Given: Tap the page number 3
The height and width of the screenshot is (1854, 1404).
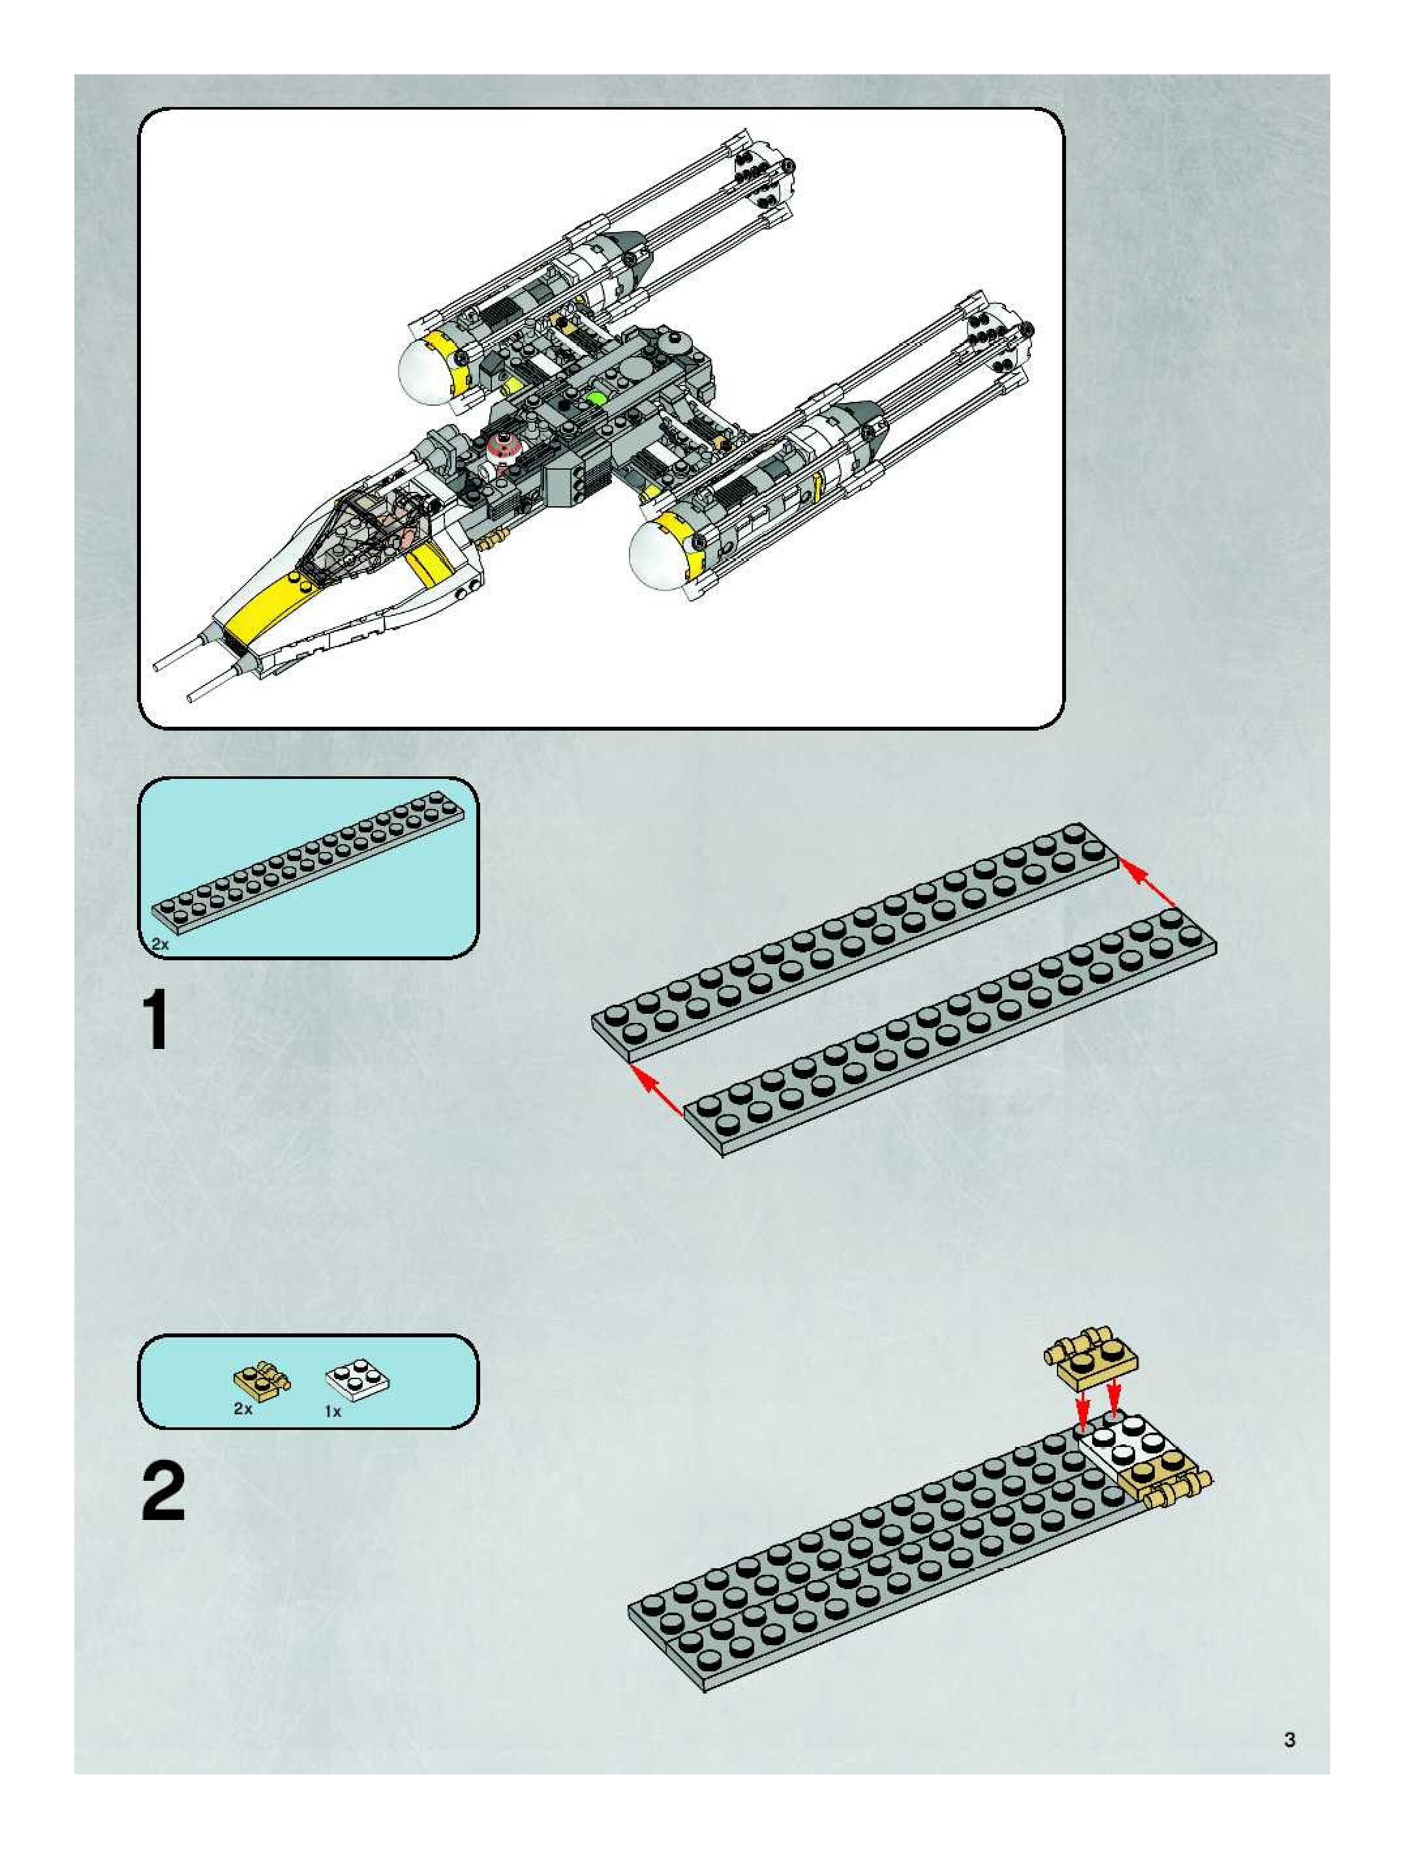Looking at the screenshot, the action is [1289, 1739].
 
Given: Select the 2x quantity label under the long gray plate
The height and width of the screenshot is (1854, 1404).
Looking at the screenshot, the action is [160, 945].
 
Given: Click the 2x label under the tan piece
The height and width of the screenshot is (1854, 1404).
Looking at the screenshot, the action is [243, 1410].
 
